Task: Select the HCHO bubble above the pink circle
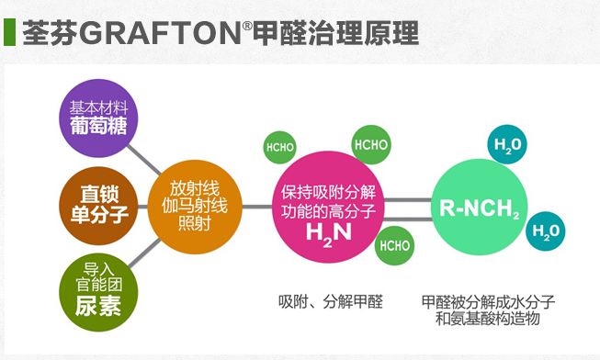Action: pos(371,144)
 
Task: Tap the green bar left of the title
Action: pos(8,33)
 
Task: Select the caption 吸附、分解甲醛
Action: pos(330,301)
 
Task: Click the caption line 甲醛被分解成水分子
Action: pos(488,301)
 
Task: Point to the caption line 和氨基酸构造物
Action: pos(488,319)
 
